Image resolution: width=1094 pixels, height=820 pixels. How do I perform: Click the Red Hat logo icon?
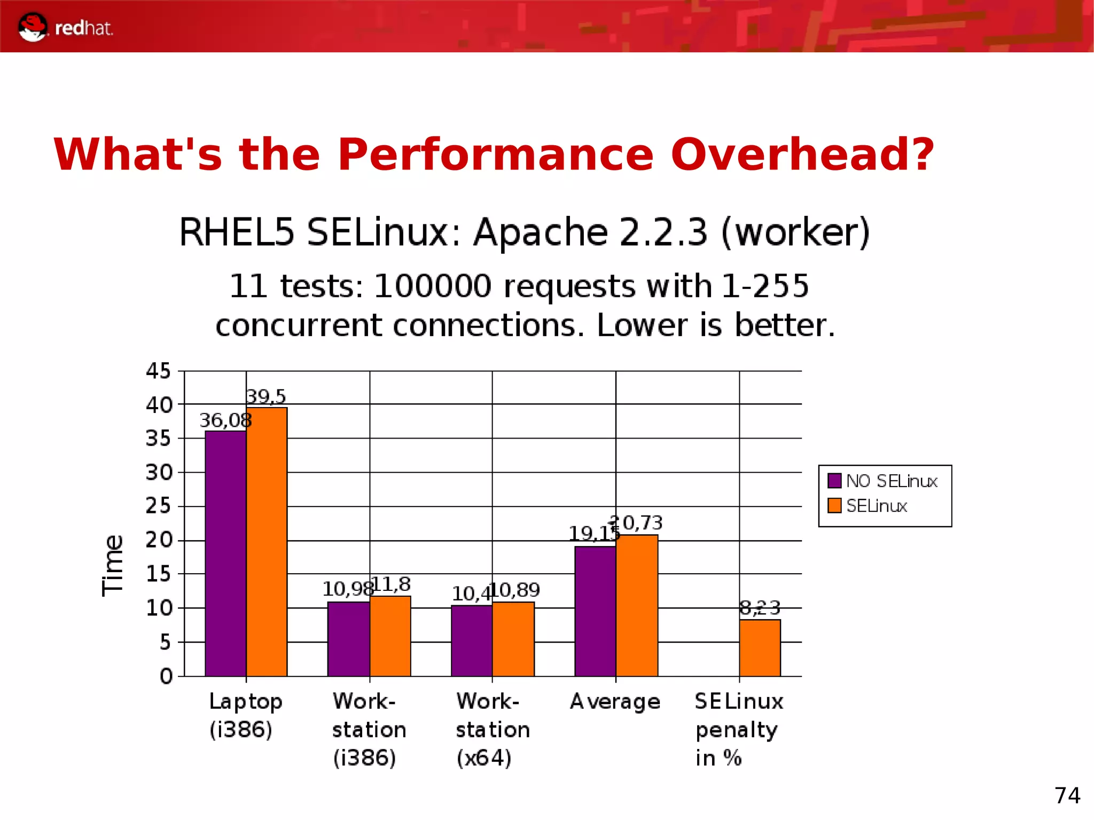(x=32, y=27)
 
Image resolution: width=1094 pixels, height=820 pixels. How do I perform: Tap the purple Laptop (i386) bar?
(x=225, y=553)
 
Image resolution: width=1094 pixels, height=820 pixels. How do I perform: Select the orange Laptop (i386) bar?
(x=267, y=542)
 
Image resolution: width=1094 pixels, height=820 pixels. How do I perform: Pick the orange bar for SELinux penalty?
(x=760, y=647)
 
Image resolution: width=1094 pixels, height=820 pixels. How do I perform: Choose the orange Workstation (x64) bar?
(x=513, y=639)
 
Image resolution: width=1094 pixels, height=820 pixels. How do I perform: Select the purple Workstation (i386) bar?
(x=348, y=639)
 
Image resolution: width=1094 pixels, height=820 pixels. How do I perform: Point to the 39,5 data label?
(x=265, y=396)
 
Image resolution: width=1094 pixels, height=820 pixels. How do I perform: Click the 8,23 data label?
(x=760, y=607)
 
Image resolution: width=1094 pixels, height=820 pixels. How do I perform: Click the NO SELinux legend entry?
(x=891, y=481)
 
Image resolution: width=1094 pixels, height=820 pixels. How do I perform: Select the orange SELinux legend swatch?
(x=834, y=505)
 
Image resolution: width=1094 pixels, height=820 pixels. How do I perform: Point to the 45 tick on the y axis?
(x=158, y=371)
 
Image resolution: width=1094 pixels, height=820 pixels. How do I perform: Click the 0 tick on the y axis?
(x=166, y=676)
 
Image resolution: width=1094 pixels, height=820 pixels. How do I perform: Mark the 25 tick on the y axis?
(x=158, y=506)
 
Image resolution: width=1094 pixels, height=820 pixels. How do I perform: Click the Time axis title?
(x=113, y=565)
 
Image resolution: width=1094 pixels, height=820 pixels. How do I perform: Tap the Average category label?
(x=615, y=701)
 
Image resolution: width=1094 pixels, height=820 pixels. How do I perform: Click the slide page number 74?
(x=1067, y=795)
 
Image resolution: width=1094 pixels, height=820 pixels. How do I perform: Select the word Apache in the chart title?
(x=540, y=232)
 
